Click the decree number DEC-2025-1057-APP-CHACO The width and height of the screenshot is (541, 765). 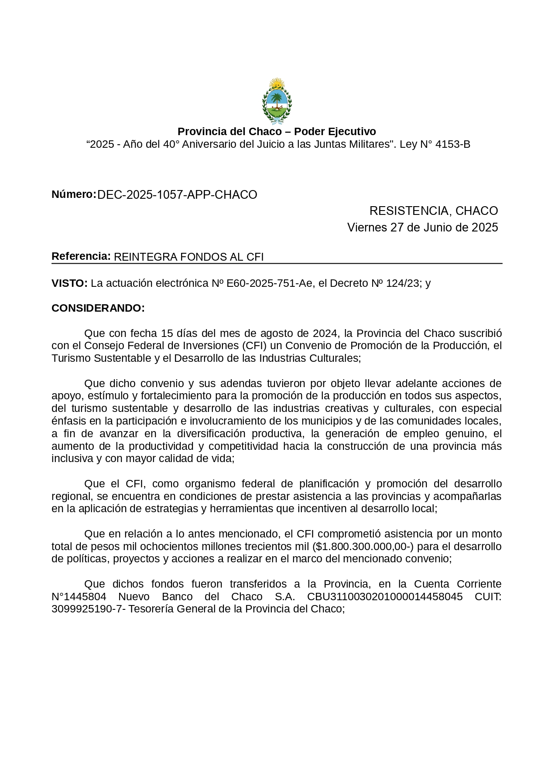177,195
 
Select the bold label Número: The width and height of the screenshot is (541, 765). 74,194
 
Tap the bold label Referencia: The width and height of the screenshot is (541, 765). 81,256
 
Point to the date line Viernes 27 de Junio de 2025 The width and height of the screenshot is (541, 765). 422,228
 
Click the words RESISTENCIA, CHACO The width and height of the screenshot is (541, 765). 433,211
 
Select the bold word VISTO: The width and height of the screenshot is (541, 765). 69,283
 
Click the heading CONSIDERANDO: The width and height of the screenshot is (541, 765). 98,308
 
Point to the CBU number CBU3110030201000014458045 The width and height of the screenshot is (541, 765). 385,597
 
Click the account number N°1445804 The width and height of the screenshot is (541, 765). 79,597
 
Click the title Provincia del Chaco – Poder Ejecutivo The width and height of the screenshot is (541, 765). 277,132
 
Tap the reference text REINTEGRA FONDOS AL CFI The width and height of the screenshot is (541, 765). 188,257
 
